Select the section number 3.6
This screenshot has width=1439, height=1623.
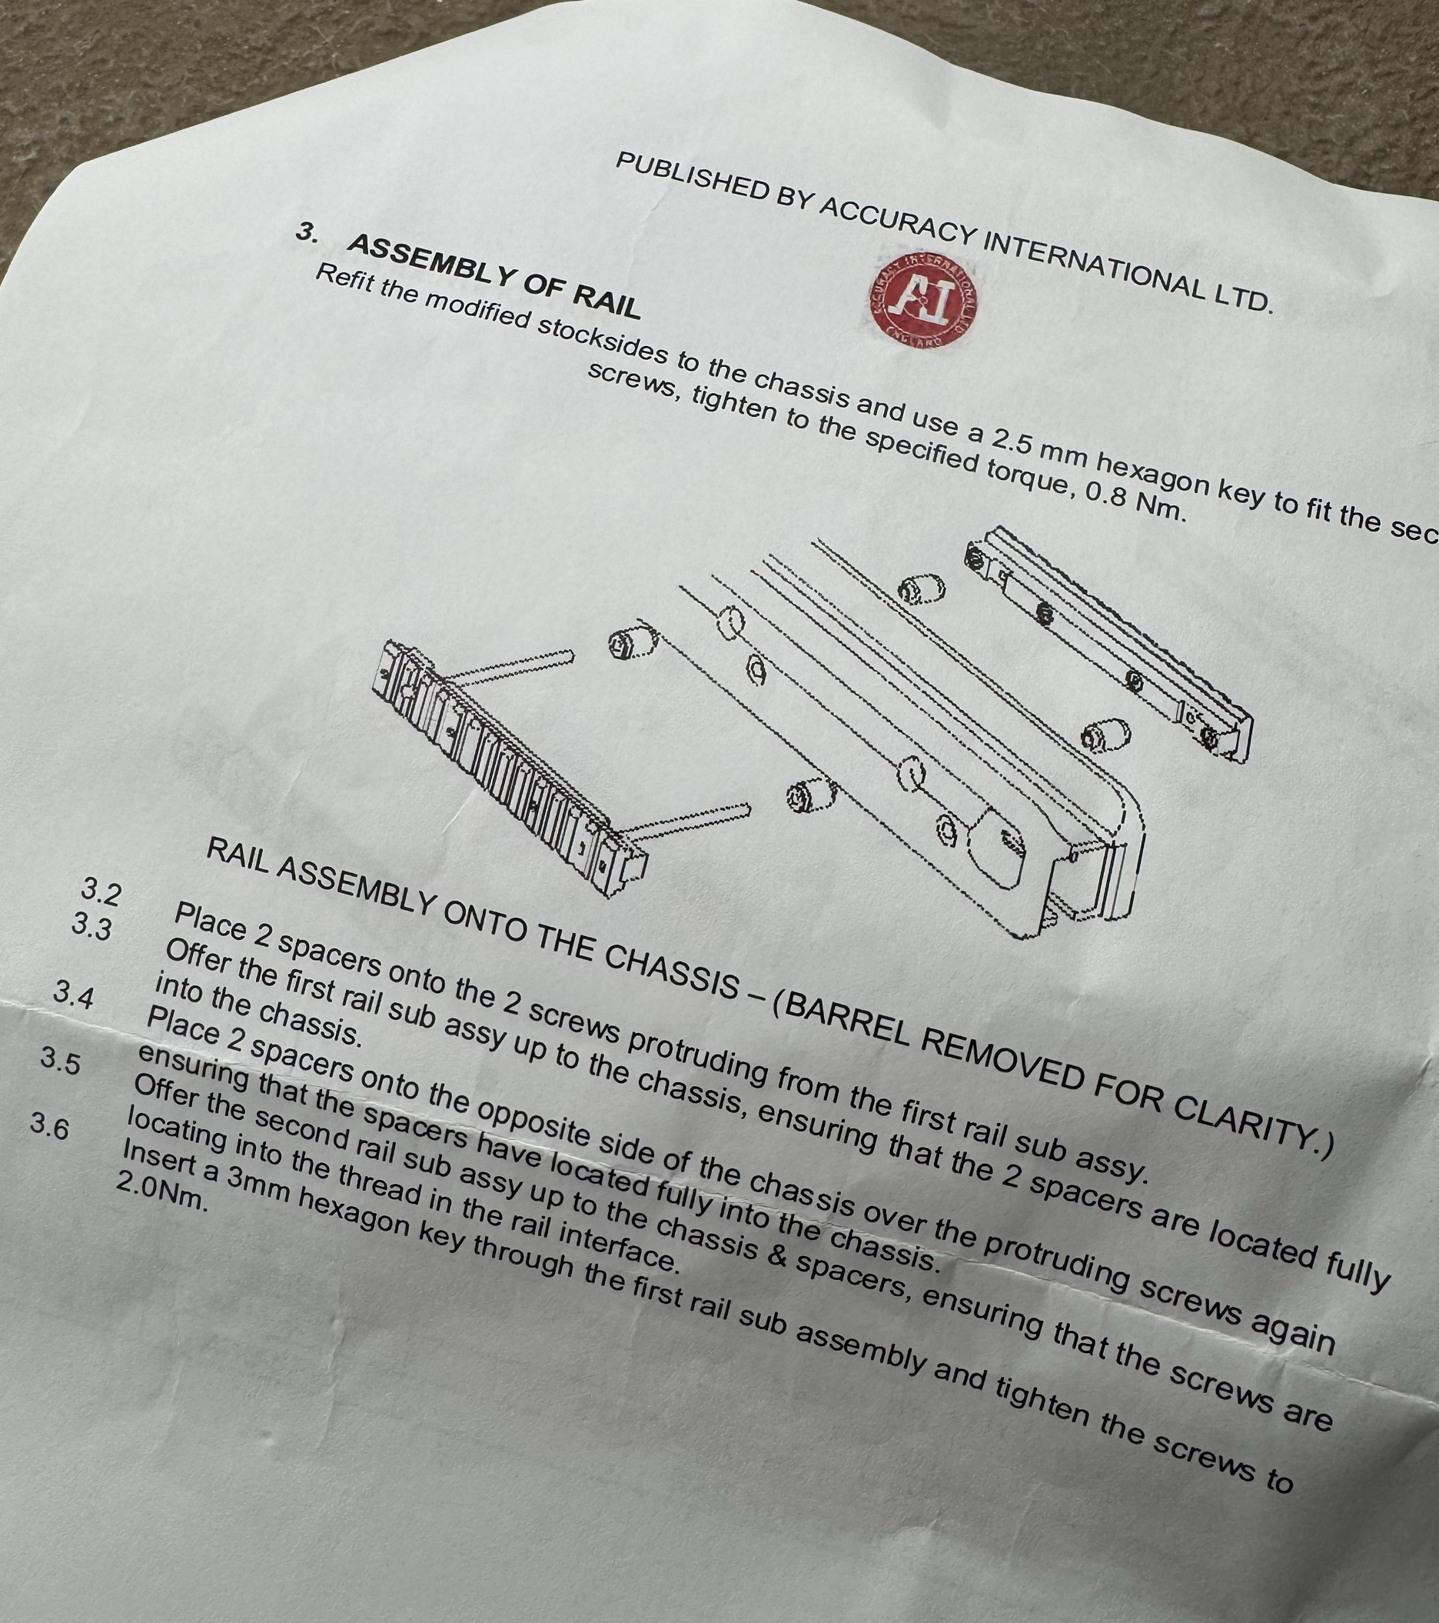(x=49, y=1127)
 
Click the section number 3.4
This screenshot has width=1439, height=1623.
(x=73, y=995)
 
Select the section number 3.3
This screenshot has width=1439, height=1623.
(x=91, y=927)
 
